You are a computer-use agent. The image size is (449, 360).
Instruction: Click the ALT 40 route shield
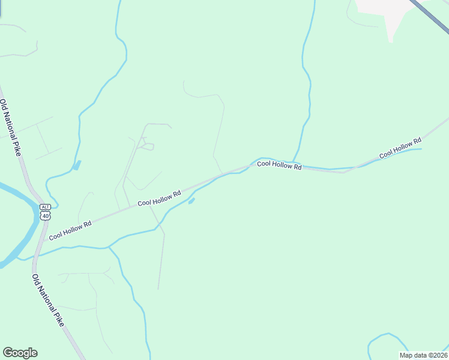[x=46, y=212]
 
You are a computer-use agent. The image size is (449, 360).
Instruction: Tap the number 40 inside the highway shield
[x=46, y=215]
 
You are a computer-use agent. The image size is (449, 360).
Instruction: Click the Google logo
[x=20, y=353]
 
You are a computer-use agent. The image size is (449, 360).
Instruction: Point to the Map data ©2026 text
[x=423, y=355]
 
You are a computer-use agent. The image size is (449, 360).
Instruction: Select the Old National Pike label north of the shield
[x=10, y=128]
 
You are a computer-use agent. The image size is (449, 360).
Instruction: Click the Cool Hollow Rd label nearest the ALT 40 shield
[x=70, y=230]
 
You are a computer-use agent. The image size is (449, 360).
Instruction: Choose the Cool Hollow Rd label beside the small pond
[x=159, y=199]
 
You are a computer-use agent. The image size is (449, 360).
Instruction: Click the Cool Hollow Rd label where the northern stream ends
[x=279, y=165]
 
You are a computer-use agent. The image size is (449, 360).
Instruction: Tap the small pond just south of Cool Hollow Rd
[x=191, y=201]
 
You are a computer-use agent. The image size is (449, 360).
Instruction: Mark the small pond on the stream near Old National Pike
[x=76, y=165]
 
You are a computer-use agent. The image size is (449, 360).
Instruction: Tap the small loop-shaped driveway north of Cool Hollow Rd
[x=147, y=146]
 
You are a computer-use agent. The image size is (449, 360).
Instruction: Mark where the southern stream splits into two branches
[x=109, y=247]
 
